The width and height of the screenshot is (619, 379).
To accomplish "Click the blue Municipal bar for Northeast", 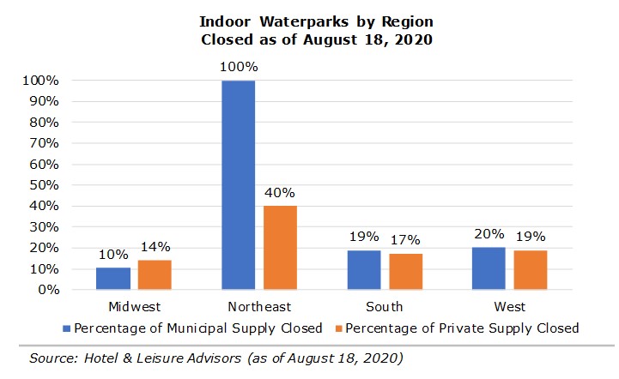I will click(238, 184).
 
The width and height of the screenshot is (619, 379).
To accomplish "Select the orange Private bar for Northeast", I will click(280, 247).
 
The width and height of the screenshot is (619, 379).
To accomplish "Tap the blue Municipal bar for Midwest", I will click(112, 279).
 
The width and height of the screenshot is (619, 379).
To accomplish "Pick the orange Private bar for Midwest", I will click(155, 274).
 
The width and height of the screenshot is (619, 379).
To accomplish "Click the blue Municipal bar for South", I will click(364, 269).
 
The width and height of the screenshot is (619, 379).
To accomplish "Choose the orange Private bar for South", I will click(405, 272).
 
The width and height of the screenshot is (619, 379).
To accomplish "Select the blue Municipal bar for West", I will click(489, 268).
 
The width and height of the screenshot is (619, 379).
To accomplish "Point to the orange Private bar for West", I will click(531, 269).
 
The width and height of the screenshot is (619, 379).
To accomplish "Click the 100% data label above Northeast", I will click(238, 67).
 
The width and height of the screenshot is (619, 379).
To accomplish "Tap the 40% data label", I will click(280, 192).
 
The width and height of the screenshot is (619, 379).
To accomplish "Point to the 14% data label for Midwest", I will click(155, 246).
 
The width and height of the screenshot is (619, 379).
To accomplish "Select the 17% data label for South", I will click(405, 240).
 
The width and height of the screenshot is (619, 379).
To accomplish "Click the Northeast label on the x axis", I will click(259, 307).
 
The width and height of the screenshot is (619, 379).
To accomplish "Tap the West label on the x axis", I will click(510, 307).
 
